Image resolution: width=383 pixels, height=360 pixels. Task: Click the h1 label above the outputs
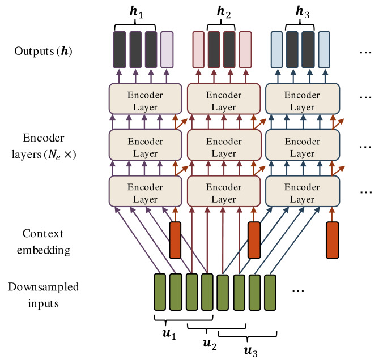137,12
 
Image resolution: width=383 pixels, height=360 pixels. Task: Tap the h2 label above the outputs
224,12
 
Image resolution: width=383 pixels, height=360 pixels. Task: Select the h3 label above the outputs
303,12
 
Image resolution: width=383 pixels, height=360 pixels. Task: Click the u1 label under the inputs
169,334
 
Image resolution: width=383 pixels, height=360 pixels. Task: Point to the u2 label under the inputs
210,344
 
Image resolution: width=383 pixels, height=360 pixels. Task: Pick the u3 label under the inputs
250,352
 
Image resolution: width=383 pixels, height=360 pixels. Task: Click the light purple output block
167,50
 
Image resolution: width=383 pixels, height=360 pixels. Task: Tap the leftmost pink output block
198,50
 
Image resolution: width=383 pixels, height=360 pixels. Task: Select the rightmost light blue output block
324,50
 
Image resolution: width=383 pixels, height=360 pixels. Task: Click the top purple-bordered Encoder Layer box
146,98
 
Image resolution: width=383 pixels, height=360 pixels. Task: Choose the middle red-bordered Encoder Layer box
224,145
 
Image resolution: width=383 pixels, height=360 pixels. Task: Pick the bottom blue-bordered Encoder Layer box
303,191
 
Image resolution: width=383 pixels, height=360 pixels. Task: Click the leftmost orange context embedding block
176,240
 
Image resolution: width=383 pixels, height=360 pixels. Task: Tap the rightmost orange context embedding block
333,240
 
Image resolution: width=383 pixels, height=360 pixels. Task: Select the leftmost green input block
160,292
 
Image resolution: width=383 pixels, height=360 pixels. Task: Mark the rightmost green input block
270,293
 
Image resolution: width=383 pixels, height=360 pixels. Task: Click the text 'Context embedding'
44,242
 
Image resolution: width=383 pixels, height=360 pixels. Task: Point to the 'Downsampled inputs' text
44,295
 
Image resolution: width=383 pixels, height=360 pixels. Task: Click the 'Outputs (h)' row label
43,51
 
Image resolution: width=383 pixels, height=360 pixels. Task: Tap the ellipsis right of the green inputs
298,291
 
